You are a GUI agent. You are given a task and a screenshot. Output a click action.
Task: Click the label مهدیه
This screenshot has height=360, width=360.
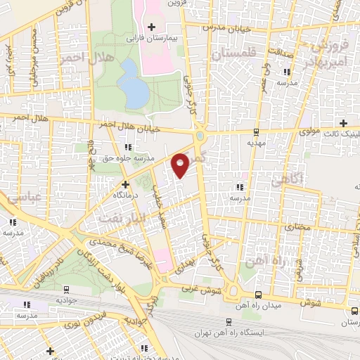point(256,141)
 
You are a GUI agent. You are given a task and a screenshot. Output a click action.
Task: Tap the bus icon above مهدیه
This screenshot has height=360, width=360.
point(256,131)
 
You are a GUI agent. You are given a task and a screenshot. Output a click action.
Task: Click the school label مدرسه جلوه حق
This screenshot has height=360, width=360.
point(130,157)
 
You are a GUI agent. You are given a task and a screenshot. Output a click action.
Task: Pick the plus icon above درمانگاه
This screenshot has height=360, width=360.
point(126,184)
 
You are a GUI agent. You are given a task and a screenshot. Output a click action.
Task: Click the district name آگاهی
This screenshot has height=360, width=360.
point(307,179)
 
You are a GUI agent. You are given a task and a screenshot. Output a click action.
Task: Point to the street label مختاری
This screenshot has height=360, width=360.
point(297,228)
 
